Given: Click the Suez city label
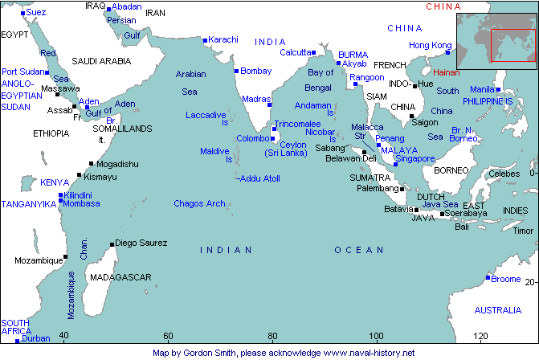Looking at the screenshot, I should tap(36, 13).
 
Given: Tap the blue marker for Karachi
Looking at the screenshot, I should tap(206, 39).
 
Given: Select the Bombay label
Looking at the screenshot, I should tap(256, 71).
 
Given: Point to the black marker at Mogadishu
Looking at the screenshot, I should tap(92, 164).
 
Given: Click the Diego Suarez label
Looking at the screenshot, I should tap(141, 243).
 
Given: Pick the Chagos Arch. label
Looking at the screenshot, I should tap(200, 203).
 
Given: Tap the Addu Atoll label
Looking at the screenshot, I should tap(259, 178).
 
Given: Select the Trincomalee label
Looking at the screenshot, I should tap(297, 125).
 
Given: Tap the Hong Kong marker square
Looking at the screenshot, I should tap(448, 52).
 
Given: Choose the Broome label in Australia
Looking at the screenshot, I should tap(506, 279).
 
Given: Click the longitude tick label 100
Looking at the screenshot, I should tap(375, 335).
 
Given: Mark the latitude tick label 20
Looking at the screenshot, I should tap(530, 280).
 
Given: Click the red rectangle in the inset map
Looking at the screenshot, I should tap(512, 44).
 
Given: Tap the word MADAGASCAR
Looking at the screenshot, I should tap(120, 277).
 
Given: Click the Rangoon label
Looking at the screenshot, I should tap(367, 77).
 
